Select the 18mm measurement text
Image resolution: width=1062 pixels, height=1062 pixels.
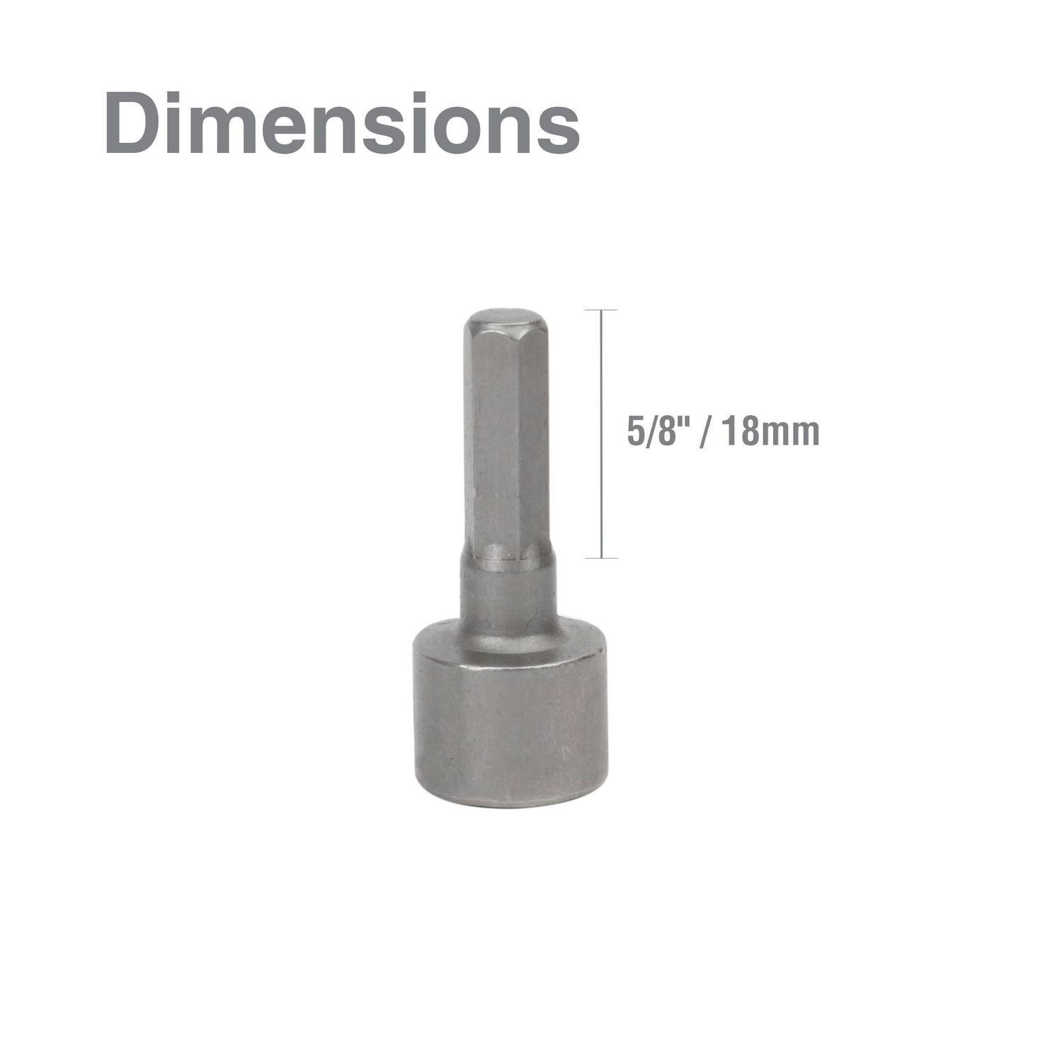(x=772, y=431)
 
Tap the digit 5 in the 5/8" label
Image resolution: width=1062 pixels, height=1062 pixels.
(x=635, y=432)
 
